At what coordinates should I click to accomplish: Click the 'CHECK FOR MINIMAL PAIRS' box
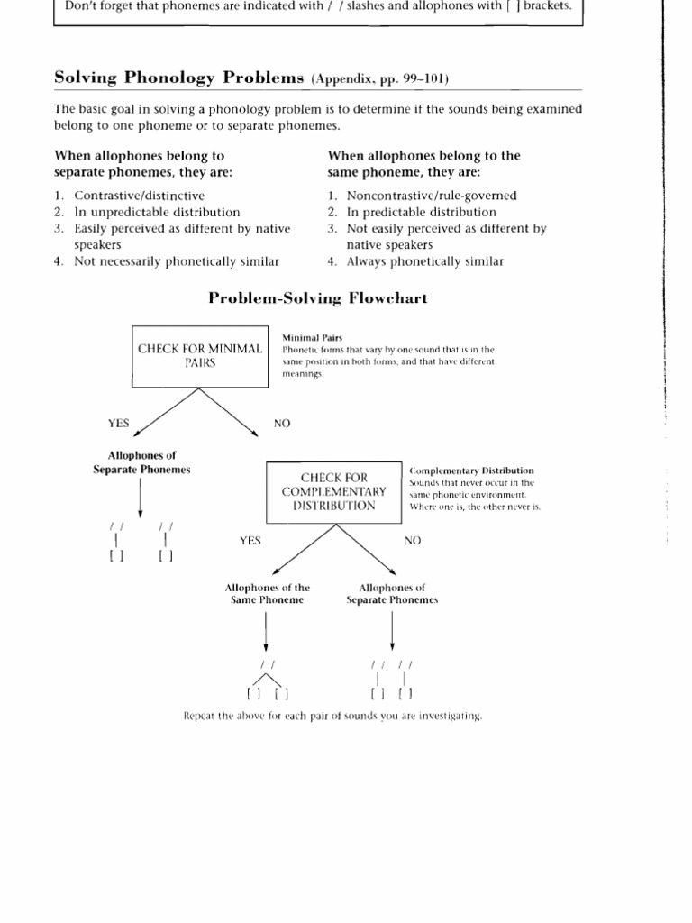click(199, 355)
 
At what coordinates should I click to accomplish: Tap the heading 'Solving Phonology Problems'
click(180, 78)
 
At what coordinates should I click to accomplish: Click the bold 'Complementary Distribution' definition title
click(471, 471)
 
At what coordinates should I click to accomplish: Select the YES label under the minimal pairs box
click(119, 422)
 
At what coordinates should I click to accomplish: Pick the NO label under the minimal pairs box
click(282, 422)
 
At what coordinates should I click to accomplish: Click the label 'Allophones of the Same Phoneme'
click(267, 593)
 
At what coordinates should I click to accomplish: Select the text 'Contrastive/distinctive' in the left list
click(139, 196)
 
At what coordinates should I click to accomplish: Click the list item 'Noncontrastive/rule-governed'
click(420, 196)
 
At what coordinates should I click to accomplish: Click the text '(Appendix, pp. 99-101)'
click(379, 79)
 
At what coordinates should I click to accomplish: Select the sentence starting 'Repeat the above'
click(332, 717)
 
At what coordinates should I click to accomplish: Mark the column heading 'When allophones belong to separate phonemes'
click(140, 163)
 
